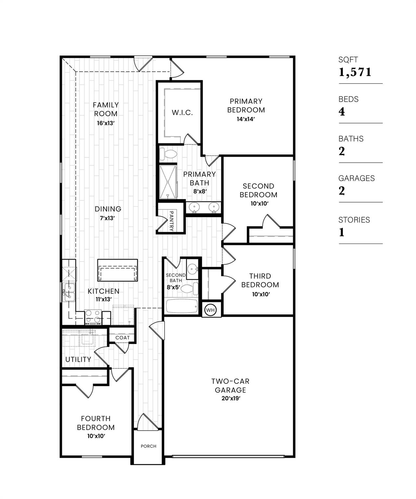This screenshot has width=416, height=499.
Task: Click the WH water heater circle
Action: coord(211,310)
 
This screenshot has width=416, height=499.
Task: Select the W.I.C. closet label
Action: coord(182,113)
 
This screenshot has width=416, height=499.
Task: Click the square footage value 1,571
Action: coord(355,72)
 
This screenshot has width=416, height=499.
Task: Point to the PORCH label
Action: coord(149,446)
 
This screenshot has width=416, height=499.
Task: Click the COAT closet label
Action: coord(123,338)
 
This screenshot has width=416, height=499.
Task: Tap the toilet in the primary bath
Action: coord(168,154)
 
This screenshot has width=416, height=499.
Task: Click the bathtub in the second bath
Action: coord(181,307)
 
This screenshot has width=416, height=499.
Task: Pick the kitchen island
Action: coord(118,270)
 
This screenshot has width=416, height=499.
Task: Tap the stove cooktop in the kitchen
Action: coord(93,316)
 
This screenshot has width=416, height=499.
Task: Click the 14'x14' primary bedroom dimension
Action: coord(246,119)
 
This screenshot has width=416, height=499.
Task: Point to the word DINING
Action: coord(108,209)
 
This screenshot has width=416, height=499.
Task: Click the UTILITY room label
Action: coord(78,359)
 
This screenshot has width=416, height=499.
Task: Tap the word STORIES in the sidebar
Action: coord(354,220)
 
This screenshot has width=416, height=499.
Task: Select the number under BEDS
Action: coord(342,112)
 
